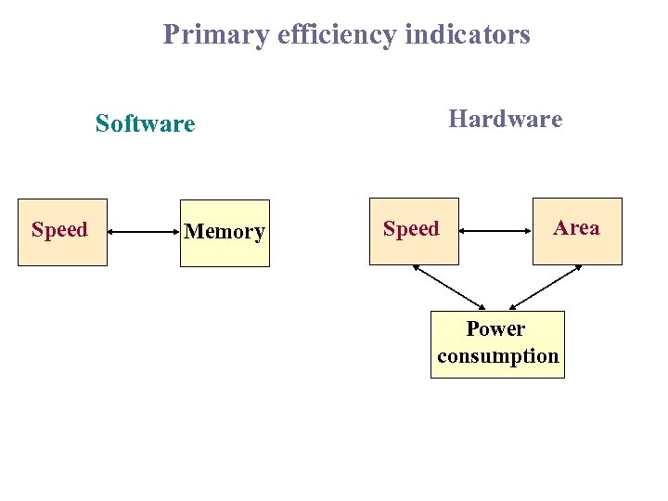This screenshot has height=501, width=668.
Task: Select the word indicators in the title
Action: pyautogui.click(x=469, y=35)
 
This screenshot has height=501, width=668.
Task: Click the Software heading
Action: pyautogui.click(x=146, y=123)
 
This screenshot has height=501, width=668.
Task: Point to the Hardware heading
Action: pyautogui.click(x=505, y=119)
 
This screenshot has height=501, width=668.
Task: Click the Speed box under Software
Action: pyautogui.click(x=62, y=232)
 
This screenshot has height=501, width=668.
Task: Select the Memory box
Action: pyautogui.click(x=225, y=233)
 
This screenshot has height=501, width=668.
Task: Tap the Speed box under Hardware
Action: pyautogui.click(x=414, y=231)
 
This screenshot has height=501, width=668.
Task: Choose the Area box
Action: pyautogui.click(x=577, y=231)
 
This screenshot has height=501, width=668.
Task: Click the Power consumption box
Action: pyautogui.click(x=497, y=344)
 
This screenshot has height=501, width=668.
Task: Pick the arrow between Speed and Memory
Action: pyautogui.click(x=144, y=232)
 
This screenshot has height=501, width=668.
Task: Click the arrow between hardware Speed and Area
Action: pyautogui.click(x=496, y=231)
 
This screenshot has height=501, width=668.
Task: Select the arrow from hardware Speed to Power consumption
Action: pyautogui.click(x=449, y=287)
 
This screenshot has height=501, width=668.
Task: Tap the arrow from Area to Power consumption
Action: pyautogui.click(x=546, y=287)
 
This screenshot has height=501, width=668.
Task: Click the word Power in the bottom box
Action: pyautogui.click(x=495, y=329)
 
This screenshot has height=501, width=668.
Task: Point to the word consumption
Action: pyautogui.click(x=498, y=356)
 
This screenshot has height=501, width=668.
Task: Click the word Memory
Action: pyautogui.click(x=225, y=232)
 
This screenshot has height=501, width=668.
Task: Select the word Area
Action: pyautogui.click(x=577, y=228)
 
